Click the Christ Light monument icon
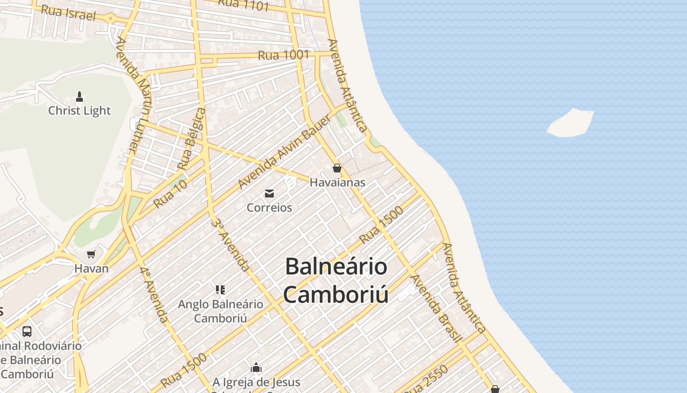[x=79, y=97]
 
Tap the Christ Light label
[x=79, y=111]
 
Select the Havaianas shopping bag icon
[x=337, y=168]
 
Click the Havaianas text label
[x=337, y=182]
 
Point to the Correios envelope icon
[x=269, y=193]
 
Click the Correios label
[x=269, y=208]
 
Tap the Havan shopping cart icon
[x=91, y=254]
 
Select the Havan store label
[x=91, y=269]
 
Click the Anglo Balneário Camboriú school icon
[x=220, y=289]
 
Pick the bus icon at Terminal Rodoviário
[x=27, y=332]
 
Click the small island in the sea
[x=570, y=123]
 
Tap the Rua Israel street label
[x=68, y=12]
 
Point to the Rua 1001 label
[x=283, y=55]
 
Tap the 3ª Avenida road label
[x=230, y=244]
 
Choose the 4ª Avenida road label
[x=154, y=295]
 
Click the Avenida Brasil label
[x=436, y=308]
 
